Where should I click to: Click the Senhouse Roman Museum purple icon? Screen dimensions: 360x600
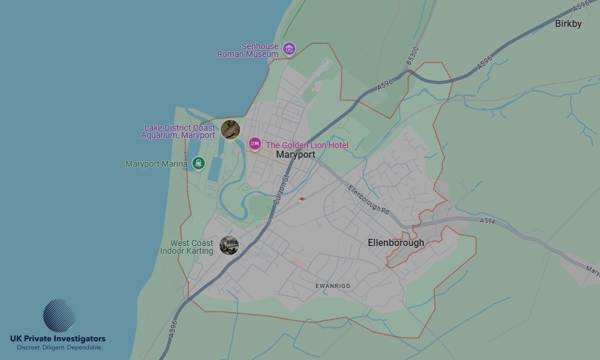click(x=289, y=49)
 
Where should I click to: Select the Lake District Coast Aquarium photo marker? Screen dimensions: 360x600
click(x=230, y=129)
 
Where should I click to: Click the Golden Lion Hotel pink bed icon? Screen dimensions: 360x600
click(x=255, y=144)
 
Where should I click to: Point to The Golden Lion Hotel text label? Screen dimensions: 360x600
click(x=307, y=145)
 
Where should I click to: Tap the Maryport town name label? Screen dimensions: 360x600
click(x=295, y=155)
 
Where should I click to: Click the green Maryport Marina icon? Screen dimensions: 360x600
click(x=198, y=163)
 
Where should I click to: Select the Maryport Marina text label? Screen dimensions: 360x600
click(x=156, y=164)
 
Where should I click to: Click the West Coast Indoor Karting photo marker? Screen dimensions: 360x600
click(x=229, y=245)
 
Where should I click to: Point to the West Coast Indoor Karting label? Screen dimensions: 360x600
click(x=187, y=247)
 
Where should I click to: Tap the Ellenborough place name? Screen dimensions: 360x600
click(x=395, y=243)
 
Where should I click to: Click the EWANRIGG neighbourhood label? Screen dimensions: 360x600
click(x=332, y=286)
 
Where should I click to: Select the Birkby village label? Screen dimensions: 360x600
click(x=568, y=24)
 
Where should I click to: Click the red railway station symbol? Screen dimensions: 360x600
click(x=302, y=199)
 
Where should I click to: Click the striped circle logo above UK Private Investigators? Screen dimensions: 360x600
click(x=59, y=316)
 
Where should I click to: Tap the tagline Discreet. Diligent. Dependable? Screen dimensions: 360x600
click(x=59, y=347)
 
